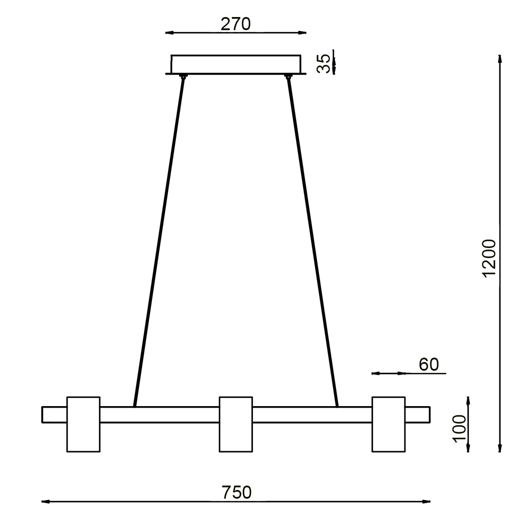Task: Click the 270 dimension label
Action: point(235,24)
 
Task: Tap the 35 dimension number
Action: point(324,64)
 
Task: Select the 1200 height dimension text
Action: point(490,257)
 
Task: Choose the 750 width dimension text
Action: point(236,493)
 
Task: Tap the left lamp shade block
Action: point(83,424)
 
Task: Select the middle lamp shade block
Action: point(236,424)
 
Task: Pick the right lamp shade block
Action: point(388,424)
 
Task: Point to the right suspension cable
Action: point(313,240)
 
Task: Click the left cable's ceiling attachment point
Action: point(183,77)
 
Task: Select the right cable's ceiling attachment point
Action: point(288,77)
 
